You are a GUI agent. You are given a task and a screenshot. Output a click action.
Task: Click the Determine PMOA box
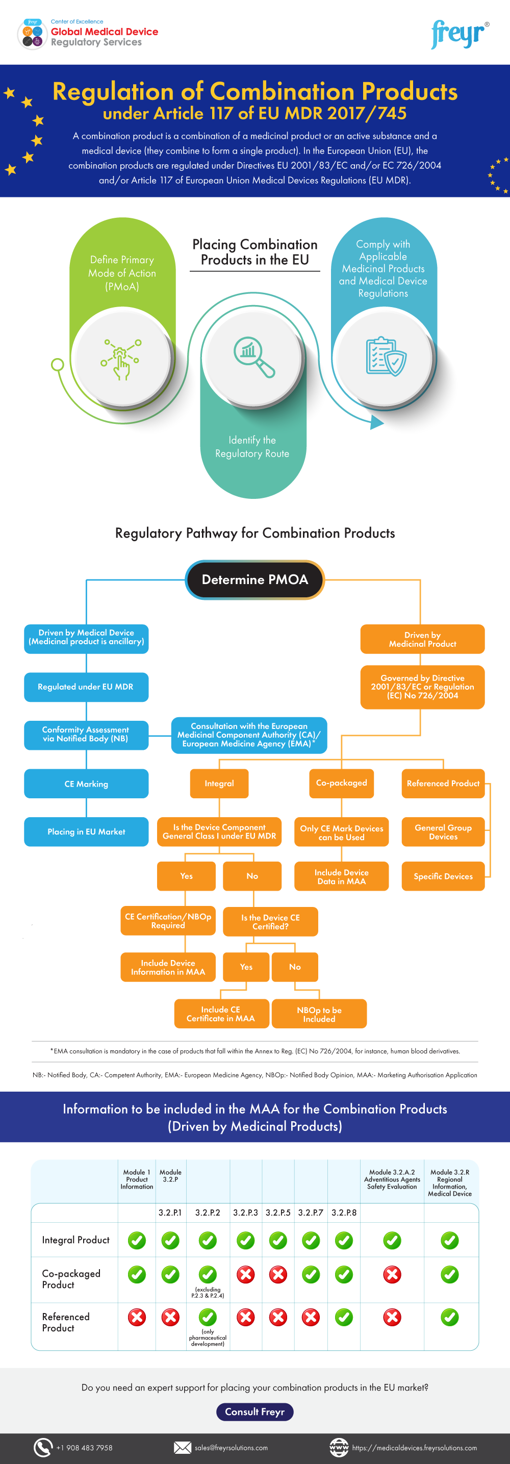(255, 579)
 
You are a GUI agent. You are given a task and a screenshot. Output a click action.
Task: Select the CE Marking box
(86, 784)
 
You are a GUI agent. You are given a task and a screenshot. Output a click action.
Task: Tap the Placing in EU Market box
(86, 831)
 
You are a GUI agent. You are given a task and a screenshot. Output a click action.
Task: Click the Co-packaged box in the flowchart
(341, 783)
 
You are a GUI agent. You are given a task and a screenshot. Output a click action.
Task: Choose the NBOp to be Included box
(319, 1014)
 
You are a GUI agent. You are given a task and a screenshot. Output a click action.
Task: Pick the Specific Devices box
(443, 876)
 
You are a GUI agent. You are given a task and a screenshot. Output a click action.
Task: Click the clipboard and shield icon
(386, 357)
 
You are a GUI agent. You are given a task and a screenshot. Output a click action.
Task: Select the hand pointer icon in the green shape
(120, 359)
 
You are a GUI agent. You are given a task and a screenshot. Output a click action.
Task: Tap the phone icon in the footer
(43, 1447)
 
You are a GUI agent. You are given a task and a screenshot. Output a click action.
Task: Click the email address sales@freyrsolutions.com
(231, 1448)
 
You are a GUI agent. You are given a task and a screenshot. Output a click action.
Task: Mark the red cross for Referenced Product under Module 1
(137, 1317)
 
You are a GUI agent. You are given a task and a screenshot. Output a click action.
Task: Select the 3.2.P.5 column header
(278, 1212)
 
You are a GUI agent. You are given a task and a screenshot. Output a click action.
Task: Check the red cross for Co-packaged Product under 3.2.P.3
(245, 1274)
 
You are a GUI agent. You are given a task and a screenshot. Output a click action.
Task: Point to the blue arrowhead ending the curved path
(376, 422)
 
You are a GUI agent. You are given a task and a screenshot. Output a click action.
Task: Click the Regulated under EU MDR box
(86, 687)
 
